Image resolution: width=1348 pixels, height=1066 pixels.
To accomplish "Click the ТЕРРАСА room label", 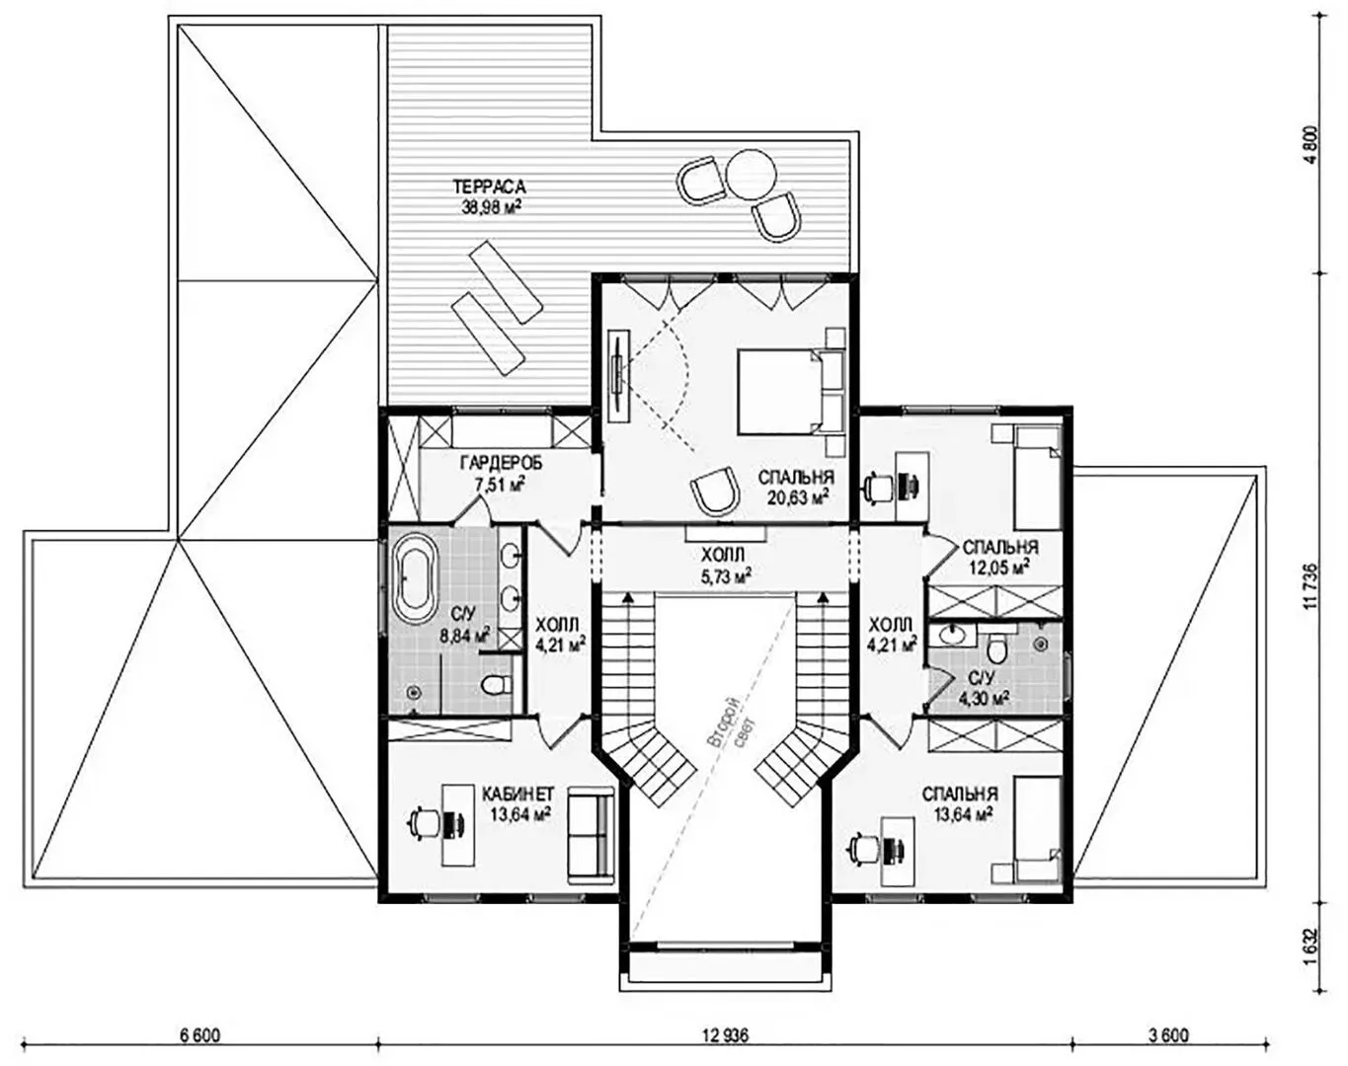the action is (x=489, y=187).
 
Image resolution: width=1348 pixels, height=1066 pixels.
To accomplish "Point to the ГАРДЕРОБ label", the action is (x=501, y=463).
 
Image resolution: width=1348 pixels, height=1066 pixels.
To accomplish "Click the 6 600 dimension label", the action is (x=200, y=1037).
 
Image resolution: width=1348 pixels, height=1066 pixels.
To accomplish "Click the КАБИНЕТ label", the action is (x=517, y=794).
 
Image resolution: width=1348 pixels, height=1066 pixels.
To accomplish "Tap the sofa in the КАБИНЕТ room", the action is (x=590, y=837).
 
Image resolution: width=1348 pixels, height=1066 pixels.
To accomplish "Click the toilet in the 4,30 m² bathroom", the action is (x=996, y=647).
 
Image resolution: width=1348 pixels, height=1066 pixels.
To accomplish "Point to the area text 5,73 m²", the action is (x=726, y=575).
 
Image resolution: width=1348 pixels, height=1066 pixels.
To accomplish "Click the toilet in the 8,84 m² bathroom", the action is (x=495, y=686).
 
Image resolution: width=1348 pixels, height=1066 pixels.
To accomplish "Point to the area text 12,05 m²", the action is (x=1000, y=567).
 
